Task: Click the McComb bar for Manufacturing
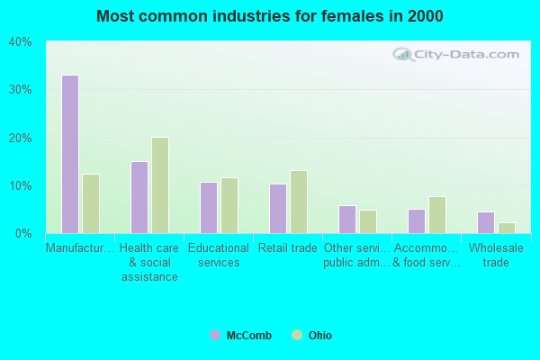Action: [70, 154]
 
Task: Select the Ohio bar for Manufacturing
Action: [91, 203]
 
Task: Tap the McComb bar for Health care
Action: [139, 197]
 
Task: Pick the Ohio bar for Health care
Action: [160, 185]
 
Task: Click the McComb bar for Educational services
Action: [209, 208]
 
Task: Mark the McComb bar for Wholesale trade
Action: [486, 222]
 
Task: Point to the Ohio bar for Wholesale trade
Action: [507, 228]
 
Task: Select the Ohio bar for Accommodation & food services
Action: [437, 215]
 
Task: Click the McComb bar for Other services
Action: [347, 220]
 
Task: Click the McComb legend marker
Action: [215, 336]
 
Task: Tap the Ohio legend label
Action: [320, 336]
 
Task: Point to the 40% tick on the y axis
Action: [20, 42]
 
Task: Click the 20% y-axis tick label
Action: [20, 138]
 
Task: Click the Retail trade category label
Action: [287, 248]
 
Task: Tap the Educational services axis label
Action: [219, 256]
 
